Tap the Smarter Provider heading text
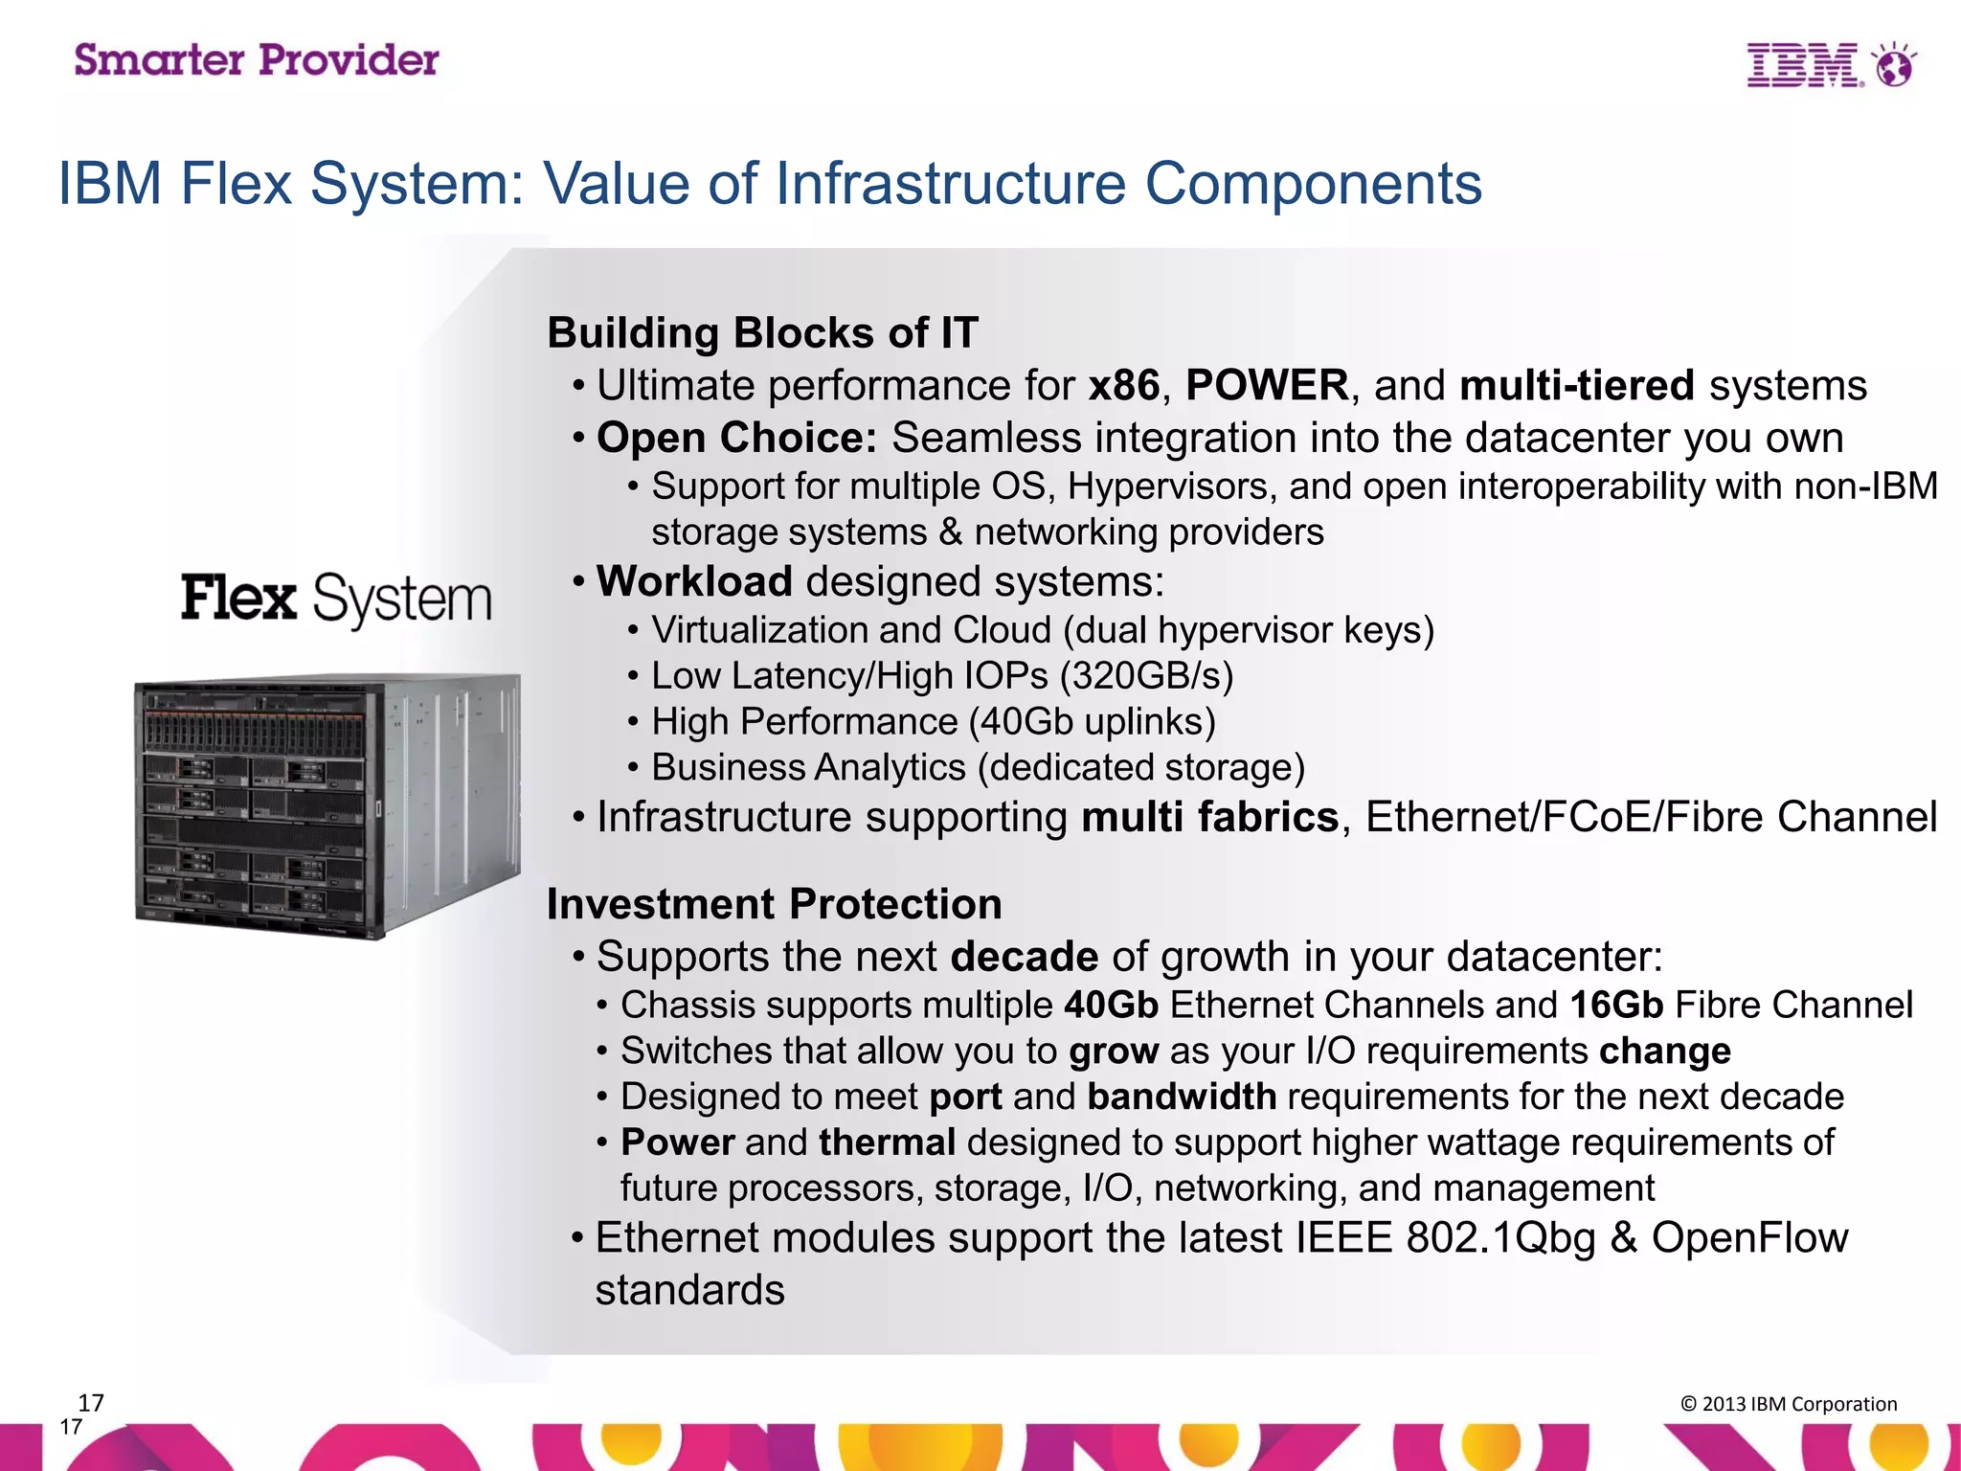[x=257, y=60]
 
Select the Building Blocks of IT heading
[x=762, y=333]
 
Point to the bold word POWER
[x=1267, y=386]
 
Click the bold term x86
[x=1124, y=386]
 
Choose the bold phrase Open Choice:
[x=736, y=438]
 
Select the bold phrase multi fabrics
[x=1209, y=818]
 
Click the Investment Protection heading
[x=774, y=904]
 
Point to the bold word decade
[x=1025, y=957]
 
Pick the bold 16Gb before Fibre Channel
[x=1616, y=1005]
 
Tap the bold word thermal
[x=887, y=1143]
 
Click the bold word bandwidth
[x=1182, y=1097]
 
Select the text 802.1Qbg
[x=1500, y=1238]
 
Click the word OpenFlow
[x=1749, y=1238]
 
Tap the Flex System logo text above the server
[x=336, y=600]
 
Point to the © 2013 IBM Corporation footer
[x=1788, y=1404]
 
